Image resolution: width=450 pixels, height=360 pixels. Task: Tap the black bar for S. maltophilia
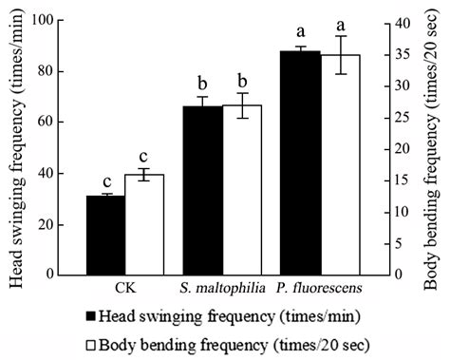click(202, 190)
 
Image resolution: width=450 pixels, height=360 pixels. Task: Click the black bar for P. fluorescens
click(300, 162)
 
